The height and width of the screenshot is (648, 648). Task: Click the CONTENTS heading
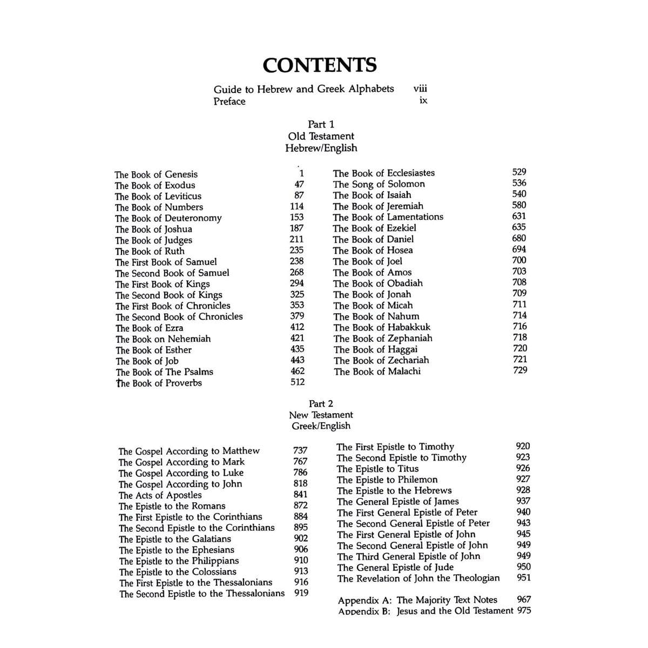[320, 65]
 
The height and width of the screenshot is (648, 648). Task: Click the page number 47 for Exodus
[299, 184]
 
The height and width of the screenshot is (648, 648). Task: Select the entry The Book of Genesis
[156, 174]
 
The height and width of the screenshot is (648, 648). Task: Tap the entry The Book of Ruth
[150, 251]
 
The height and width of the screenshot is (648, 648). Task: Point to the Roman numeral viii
[420, 89]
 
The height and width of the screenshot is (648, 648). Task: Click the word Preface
[229, 102]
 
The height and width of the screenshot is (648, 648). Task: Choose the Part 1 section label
[321, 125]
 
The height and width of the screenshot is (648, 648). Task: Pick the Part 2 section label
[321, 404]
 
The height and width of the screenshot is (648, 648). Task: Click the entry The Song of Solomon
[379, 184]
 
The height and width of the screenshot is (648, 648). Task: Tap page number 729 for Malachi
[520, 370]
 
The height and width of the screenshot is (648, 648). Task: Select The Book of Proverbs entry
[159, 383]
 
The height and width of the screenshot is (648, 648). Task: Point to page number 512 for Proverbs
[298, 382]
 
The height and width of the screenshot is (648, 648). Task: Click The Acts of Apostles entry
[160, 495]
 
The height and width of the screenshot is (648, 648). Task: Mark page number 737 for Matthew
[300, 450]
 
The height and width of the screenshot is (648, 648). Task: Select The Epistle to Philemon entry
[387, 480]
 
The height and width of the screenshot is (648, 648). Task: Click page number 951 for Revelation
[523, 578]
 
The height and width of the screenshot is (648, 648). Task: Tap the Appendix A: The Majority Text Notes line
[417, 600]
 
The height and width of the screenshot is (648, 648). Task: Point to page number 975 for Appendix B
[523, 611]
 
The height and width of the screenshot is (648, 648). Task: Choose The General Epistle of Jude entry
[395, 568]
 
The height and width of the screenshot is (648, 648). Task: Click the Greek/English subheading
[321, 426]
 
